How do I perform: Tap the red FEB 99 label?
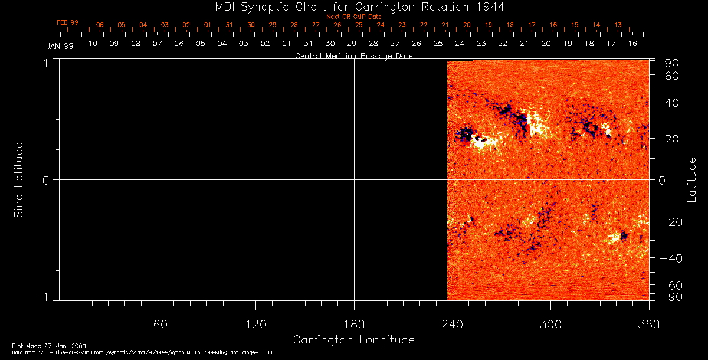coord(67,22)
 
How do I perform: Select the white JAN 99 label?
coord(60,46)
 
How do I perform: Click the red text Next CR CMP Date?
coord(353,17)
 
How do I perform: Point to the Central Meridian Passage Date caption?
coord(353,56)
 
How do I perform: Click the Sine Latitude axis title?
coord(19,179)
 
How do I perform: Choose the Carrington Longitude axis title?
coord(353,340)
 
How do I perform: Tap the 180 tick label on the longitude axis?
coord(354,324)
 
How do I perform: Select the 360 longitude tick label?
coord(648,324)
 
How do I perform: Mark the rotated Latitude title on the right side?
coord(693,179)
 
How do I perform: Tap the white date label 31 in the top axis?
coord(308,44)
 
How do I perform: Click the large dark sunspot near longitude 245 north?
coord(466,135)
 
